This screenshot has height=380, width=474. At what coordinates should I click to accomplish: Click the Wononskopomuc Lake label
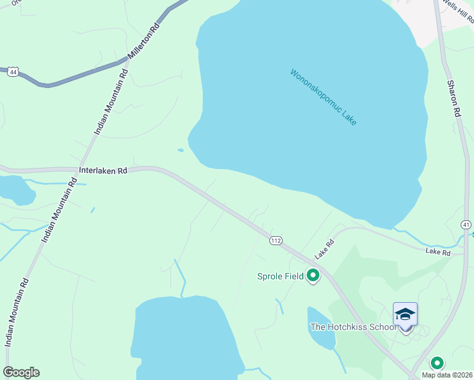point(323,97)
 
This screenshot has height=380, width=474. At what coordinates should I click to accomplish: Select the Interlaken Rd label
point(103,171)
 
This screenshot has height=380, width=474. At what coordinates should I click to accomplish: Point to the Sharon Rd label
point(452,98)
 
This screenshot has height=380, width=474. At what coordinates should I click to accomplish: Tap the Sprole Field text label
point(280,276)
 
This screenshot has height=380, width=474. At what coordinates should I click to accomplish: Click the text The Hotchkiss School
point(354,327)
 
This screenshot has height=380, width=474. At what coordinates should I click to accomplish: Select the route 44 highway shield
point(12,72)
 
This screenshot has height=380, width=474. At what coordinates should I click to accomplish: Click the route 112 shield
point(275,241)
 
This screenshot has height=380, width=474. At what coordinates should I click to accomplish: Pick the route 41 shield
point(466,225)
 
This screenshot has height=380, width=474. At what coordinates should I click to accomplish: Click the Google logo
point(21,372)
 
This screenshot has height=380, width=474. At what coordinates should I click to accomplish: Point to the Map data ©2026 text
point(447,375)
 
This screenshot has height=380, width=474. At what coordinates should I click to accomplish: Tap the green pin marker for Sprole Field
point(312,275)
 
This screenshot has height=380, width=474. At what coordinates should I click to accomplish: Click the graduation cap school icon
point(405,314)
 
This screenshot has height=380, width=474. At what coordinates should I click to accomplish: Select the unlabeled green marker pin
point(437,364)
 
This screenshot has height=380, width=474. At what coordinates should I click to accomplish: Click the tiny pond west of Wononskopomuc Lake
point(181,150)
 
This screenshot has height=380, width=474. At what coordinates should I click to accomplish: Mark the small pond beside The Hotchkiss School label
point(319,328)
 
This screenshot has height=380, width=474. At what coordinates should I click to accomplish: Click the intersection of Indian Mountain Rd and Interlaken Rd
point(72,170)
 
